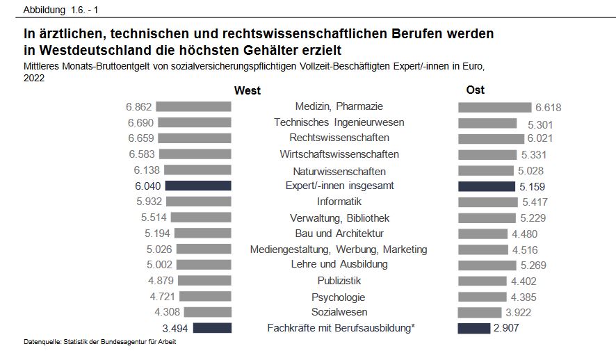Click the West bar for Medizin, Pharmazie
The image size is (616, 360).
click(193, 106)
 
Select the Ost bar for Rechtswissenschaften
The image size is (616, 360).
click(491, 138)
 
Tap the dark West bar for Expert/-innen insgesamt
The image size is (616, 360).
click(198, 186)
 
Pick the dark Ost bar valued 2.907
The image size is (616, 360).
click(474, 328)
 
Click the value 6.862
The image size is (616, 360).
click(139, 107)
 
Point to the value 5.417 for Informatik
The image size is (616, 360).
click(535, 202)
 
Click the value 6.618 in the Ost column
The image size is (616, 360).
click(548, 107)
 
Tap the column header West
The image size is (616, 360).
click(248, 90)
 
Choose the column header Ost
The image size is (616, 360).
click(476, 90)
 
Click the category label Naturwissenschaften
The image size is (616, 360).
click(338, 171)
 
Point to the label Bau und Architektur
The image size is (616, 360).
click(339, 234)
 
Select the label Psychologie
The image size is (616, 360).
click(339, 297)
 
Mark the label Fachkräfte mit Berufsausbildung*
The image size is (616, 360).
click(341, 328)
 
